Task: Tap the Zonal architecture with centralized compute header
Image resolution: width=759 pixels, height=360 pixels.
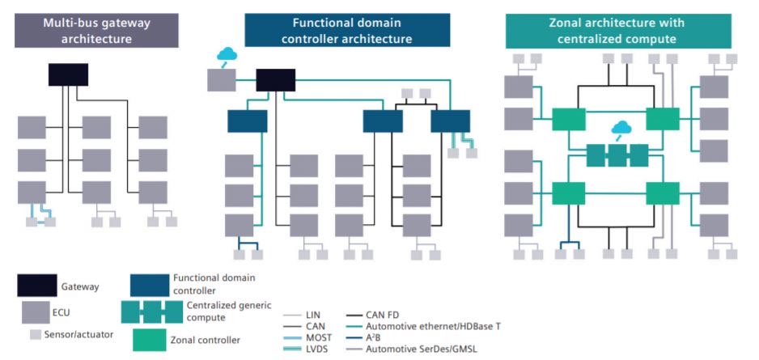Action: pyautogui.click(x=618, y=30)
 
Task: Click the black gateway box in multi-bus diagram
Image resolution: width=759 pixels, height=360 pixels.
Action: pyautogui.click(x=68, y=74)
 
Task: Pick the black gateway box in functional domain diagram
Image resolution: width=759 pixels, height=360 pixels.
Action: pyautogui.click(x=275, y=79)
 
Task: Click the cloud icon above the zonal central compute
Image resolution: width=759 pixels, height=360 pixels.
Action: pyautogui.click(x=621, y=128)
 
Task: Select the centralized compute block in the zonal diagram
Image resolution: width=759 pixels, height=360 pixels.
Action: pyautogui.click(x=617, y=155)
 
